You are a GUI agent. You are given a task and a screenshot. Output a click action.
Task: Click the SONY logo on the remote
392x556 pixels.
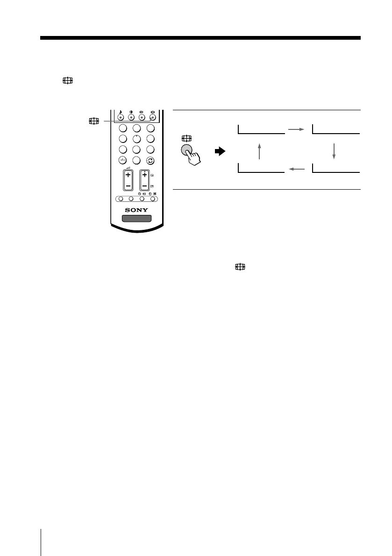(136, 209)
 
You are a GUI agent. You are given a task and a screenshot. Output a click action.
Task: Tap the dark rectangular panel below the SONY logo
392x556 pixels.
(136, 219)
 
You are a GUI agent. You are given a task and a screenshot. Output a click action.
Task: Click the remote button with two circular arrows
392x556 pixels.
(150, 161)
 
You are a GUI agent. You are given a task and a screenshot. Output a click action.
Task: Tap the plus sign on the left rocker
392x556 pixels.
(128, 175)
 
